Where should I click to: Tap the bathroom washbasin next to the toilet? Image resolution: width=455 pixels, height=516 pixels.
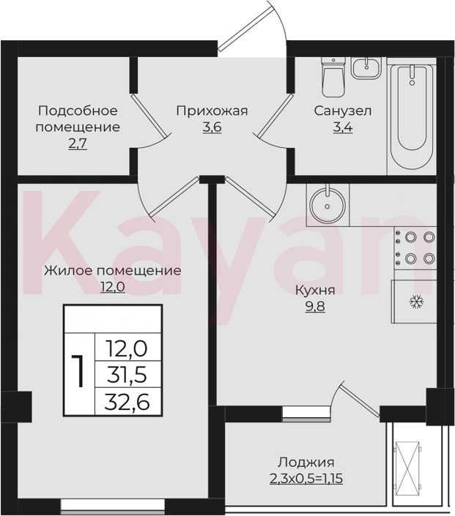[x=366, y=68]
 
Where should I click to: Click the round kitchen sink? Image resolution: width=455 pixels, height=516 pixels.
[x=328, y=205]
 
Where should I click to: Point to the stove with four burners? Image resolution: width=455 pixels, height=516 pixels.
[x=415, y=248]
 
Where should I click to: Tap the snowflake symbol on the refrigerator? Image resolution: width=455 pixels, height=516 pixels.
[x=416, y=302]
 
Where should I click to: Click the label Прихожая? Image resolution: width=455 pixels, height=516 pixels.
[x=212, y=111]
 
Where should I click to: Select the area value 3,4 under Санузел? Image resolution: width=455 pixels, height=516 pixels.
[x=343, y=127]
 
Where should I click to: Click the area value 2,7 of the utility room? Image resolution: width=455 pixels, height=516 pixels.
[x=78, y=144]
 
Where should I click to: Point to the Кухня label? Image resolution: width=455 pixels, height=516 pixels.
[x=315, y=291]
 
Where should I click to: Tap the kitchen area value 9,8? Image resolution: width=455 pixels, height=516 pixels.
[x=315, y=307]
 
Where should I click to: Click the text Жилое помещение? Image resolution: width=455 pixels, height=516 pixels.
[x=113, y=271]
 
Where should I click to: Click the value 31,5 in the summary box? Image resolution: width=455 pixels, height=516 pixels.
[x=127, y=375]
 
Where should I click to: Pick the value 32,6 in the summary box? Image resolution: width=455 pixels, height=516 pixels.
[x=127, y=402]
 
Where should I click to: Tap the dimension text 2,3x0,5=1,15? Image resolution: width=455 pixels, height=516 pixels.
[x=306, y=479]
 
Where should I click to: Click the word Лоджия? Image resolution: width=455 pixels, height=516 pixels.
[x=306, y=463]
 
